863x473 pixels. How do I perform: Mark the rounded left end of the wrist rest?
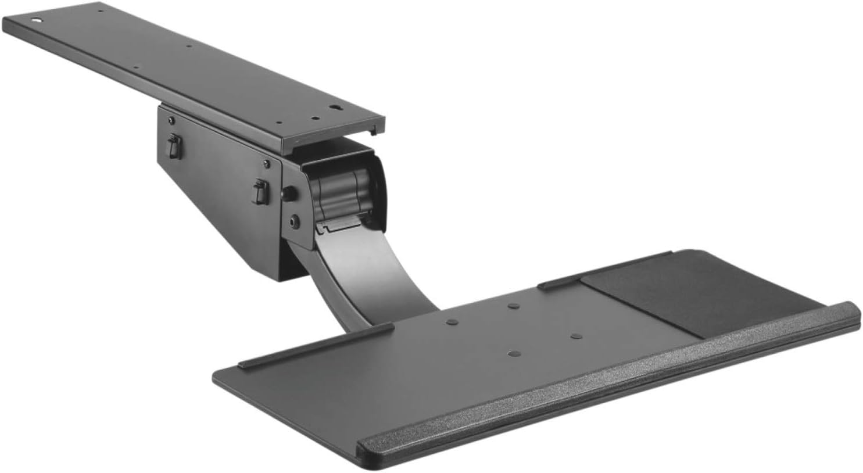(363, 447)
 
